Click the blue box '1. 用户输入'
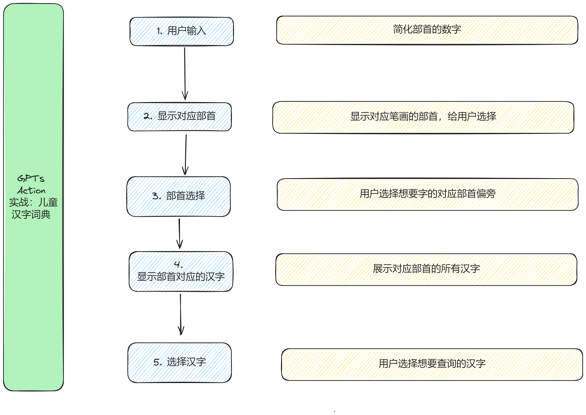tap(182, 31)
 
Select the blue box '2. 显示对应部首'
tap(180, 117)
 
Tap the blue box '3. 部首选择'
tap(179, 196)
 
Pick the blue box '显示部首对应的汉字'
tap(181, 271)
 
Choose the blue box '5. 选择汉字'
tap(180, 363)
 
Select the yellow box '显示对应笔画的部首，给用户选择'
tap(423, 117)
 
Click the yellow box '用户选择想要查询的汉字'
tap(432, 364)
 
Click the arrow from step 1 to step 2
tap(185, 74)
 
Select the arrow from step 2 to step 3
tap(186, 155)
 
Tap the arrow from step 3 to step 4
tap(179, 234)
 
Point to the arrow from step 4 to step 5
tap(181, 314)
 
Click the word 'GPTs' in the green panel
tap(31, 178)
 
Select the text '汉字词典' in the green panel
tap(31, 214)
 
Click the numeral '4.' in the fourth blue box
tap(178, 264)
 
